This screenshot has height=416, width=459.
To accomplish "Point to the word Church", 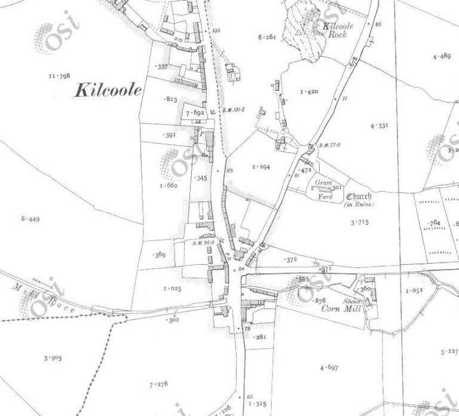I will coord(358,197).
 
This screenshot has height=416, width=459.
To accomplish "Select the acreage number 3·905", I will coord(53,358).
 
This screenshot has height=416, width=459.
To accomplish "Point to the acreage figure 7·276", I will coord(158,383).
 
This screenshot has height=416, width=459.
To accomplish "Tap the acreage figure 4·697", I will coord(329,367).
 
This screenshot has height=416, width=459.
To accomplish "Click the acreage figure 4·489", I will coord(441,56).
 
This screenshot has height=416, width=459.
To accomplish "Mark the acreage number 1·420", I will coord(309,91).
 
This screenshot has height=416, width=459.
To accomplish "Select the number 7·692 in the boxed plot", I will coord(195,112).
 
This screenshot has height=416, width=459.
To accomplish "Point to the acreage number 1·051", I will coord(414,290).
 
